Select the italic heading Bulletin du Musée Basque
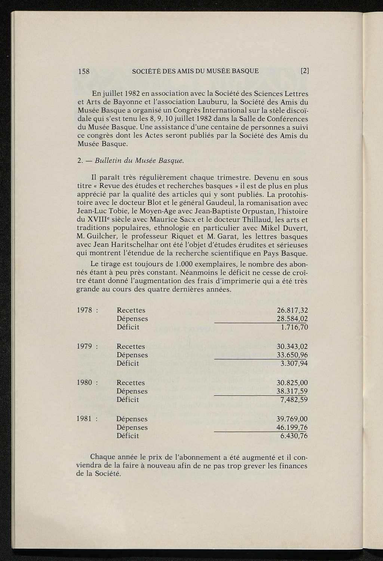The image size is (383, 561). click(140, 161)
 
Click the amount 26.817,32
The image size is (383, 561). click(292, 310)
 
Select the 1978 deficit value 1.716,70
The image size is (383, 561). click(294, 327)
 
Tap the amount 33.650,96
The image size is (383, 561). click(292, 355)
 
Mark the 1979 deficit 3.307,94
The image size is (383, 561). click(294, 364)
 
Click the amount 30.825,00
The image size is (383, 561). click(292, 383)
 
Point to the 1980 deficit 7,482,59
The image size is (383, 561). click(294, 400)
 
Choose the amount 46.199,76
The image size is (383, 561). click(292, 428)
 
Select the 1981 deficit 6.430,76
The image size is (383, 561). click(294, 436)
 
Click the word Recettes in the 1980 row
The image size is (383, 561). click(131, 383)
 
